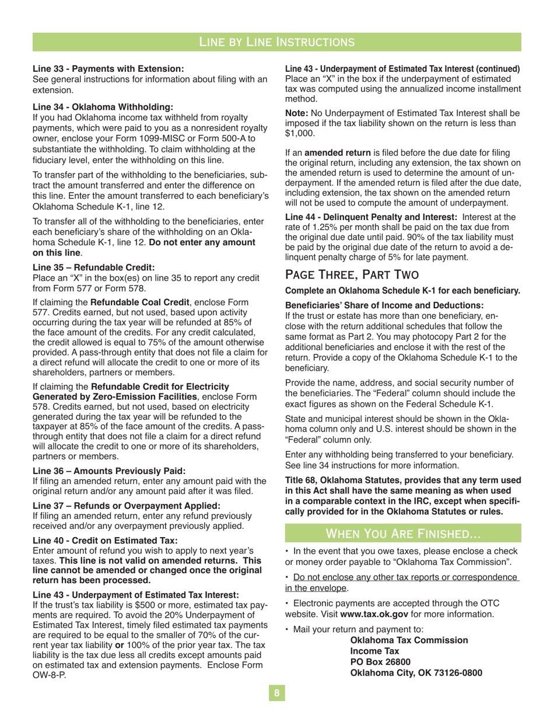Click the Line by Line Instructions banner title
pyautogui.click(x=277, y=41)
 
